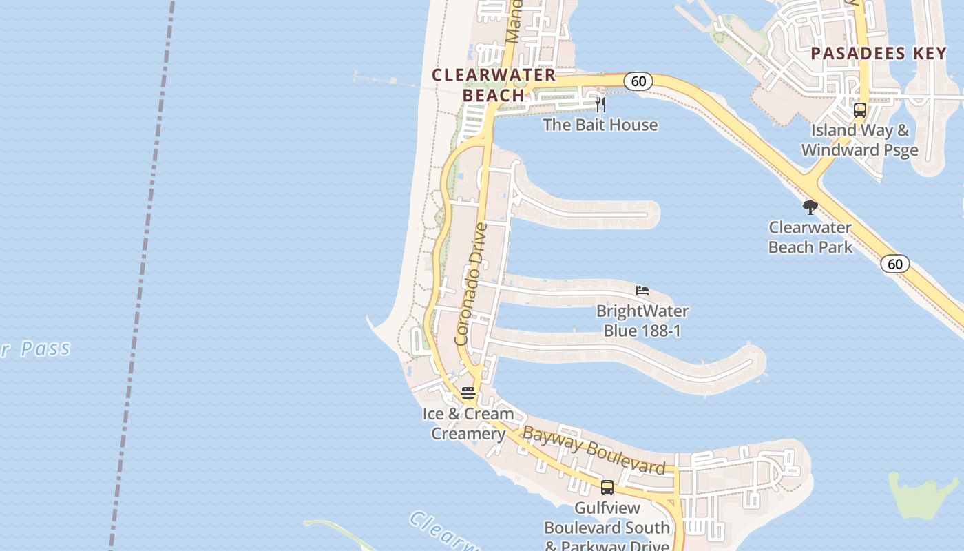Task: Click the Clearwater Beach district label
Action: coord(493,85)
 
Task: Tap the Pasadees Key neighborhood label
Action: coord(879,54)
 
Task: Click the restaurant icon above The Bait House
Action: coord(600,105)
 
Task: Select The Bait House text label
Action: coord(600,125)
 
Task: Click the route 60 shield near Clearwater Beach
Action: coord(638,81)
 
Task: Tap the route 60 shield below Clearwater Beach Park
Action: coord(894,264)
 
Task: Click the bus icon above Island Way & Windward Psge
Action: coord(859,110)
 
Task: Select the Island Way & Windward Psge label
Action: coord(859,140)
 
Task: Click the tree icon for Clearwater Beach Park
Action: coord(810,207)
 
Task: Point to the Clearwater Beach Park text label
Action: coord(810,237)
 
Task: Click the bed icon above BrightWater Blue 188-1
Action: coord(642,291)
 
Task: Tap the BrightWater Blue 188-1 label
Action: coord(642,321)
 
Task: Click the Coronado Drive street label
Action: coord(472,284)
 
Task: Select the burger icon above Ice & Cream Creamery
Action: coord(468,393)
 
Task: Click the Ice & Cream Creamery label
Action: coord(468,424)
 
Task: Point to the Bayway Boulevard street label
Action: coord(594,451)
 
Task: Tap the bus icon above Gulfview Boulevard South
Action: coord(607,488)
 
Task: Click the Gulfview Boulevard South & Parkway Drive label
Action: coord(607,528)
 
